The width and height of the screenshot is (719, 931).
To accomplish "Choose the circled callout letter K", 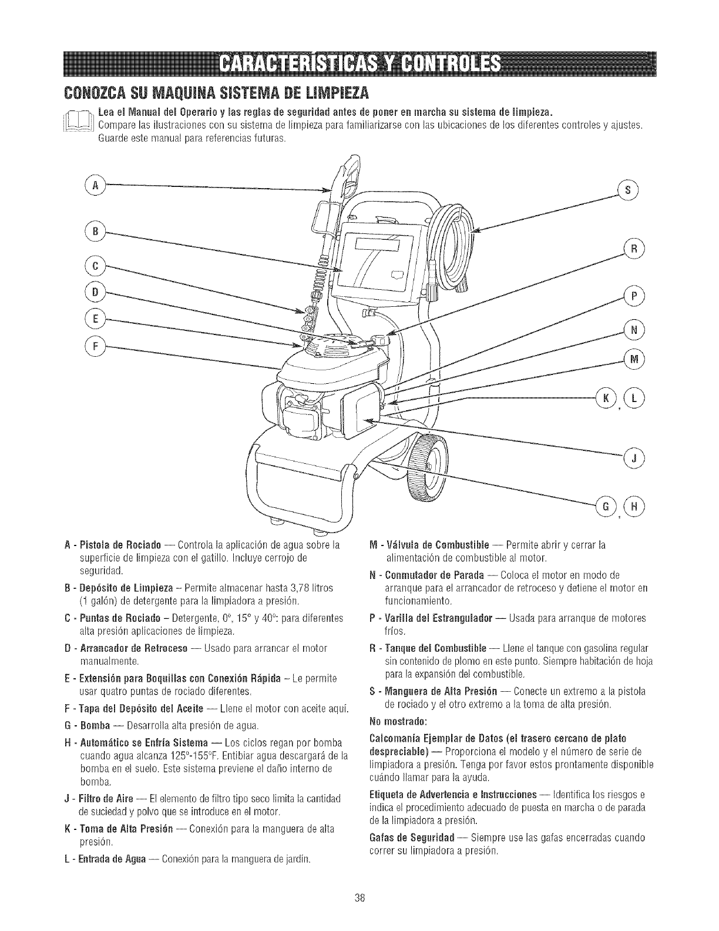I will (x=605, y=398).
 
